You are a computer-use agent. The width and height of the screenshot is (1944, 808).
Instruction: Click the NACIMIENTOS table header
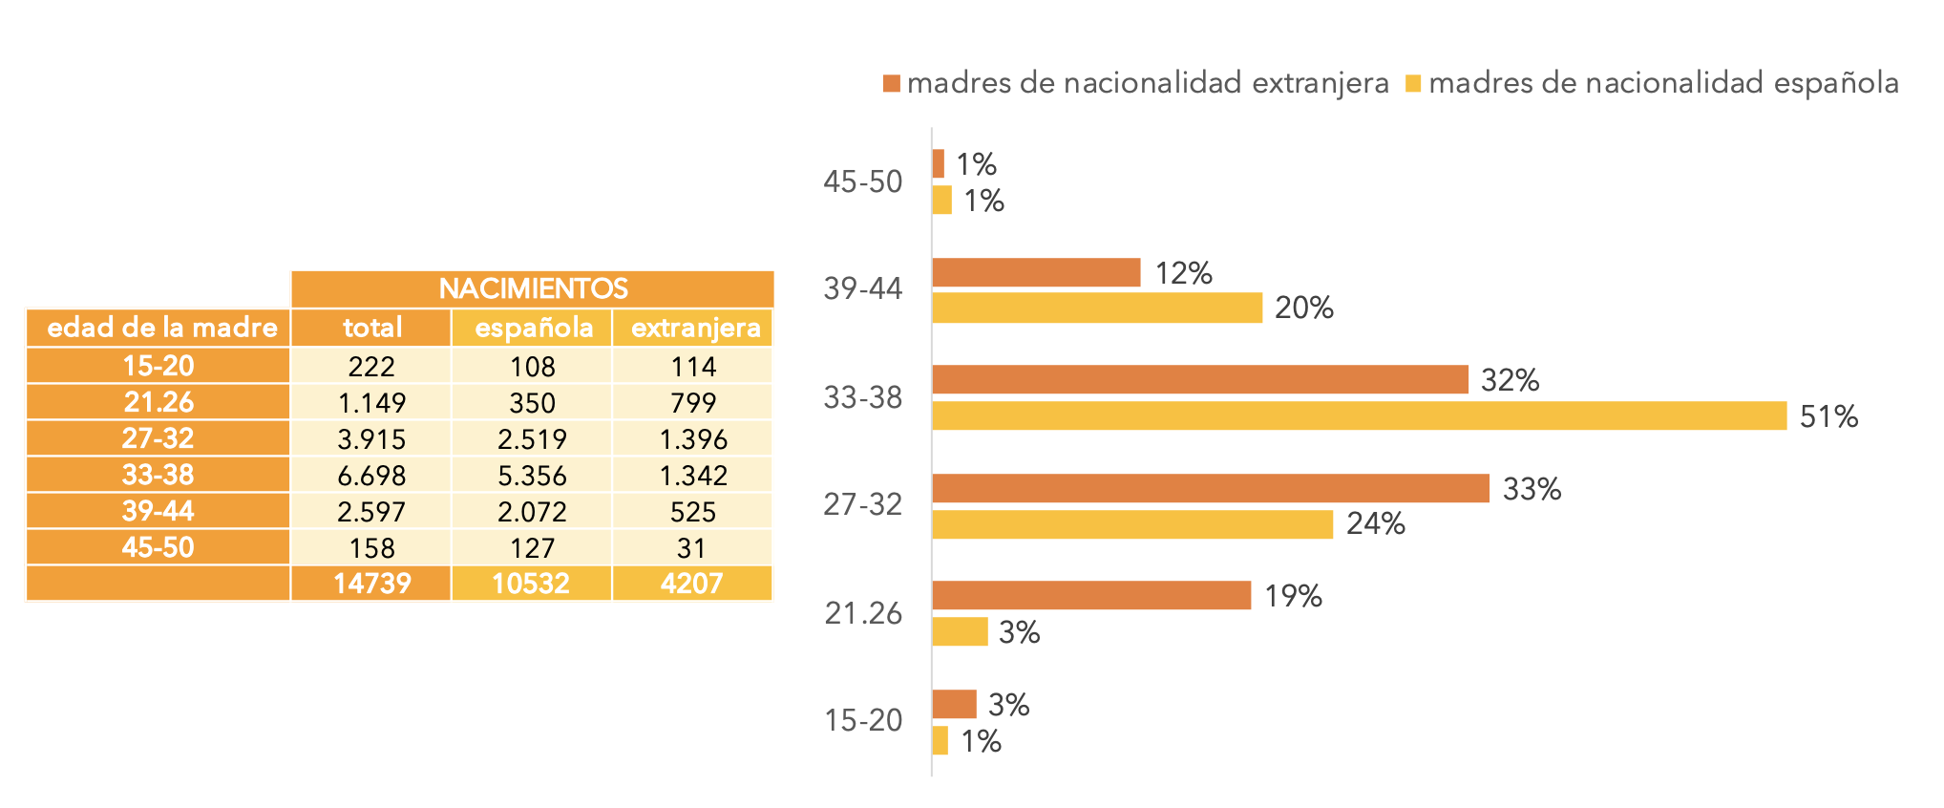click(533, 288)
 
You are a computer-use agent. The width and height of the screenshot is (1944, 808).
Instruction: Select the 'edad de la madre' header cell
click(158, 328)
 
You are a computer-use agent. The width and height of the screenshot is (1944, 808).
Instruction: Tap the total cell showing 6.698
click(371, 475)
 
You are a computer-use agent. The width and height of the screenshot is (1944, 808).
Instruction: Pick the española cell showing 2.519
click(532, 438)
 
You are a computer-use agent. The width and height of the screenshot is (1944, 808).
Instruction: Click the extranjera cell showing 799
click(692, 402)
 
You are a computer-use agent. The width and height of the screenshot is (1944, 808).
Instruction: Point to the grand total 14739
click(371, 584)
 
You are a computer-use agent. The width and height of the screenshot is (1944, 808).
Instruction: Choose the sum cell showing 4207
click(692, 584)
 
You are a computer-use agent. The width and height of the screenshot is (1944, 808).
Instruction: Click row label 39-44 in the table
click(158, 511)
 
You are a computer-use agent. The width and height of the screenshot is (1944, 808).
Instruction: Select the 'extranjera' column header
click(695, 328)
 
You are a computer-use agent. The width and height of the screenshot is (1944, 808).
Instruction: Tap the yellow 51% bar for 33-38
click(1359, 415)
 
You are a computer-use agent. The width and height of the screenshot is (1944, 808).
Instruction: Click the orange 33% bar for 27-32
click(1210, 488)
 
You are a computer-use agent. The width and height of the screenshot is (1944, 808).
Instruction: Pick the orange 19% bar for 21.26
click(1091, 595)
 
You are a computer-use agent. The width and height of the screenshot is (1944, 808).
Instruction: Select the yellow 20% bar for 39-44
click(1097, 308)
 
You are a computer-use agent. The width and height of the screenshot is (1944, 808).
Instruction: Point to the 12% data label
click(1183, 273)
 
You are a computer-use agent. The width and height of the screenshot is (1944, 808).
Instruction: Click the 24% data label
click(1375, 523)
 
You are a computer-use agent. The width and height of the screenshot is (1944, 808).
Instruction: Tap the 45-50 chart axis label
click(862, 181)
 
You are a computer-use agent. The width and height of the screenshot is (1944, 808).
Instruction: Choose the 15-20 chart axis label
click(863, 720)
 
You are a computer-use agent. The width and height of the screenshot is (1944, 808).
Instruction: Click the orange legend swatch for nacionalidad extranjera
click(892, 83)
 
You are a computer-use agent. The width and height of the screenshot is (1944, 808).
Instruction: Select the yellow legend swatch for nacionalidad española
click(1413, 83)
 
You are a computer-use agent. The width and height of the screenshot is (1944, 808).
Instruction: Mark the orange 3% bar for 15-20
click(954, 704)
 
